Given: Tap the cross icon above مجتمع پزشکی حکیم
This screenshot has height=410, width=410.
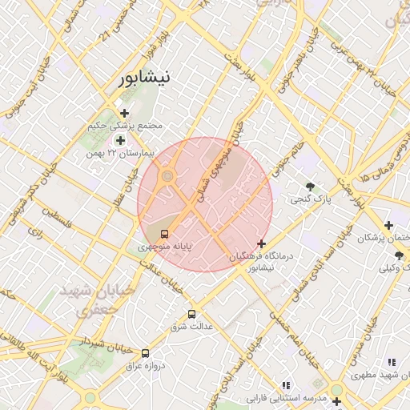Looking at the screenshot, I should point(124,113).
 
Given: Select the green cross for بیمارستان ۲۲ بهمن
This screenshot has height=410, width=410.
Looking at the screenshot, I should point(120,140).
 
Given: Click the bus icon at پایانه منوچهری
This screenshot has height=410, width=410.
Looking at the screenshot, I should point(164,235).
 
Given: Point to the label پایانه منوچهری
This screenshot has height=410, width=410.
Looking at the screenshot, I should point(164,247).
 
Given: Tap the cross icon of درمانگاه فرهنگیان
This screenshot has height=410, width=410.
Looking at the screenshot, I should point(261,243).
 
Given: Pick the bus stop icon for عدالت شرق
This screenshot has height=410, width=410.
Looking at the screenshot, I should point(191,314).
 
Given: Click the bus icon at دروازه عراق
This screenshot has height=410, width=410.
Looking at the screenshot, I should point(145,352).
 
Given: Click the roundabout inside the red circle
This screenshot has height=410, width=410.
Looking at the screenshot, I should point(167,175).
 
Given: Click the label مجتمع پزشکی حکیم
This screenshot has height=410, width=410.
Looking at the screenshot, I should point(128,126).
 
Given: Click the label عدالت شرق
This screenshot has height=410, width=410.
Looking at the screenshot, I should point(190,327).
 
